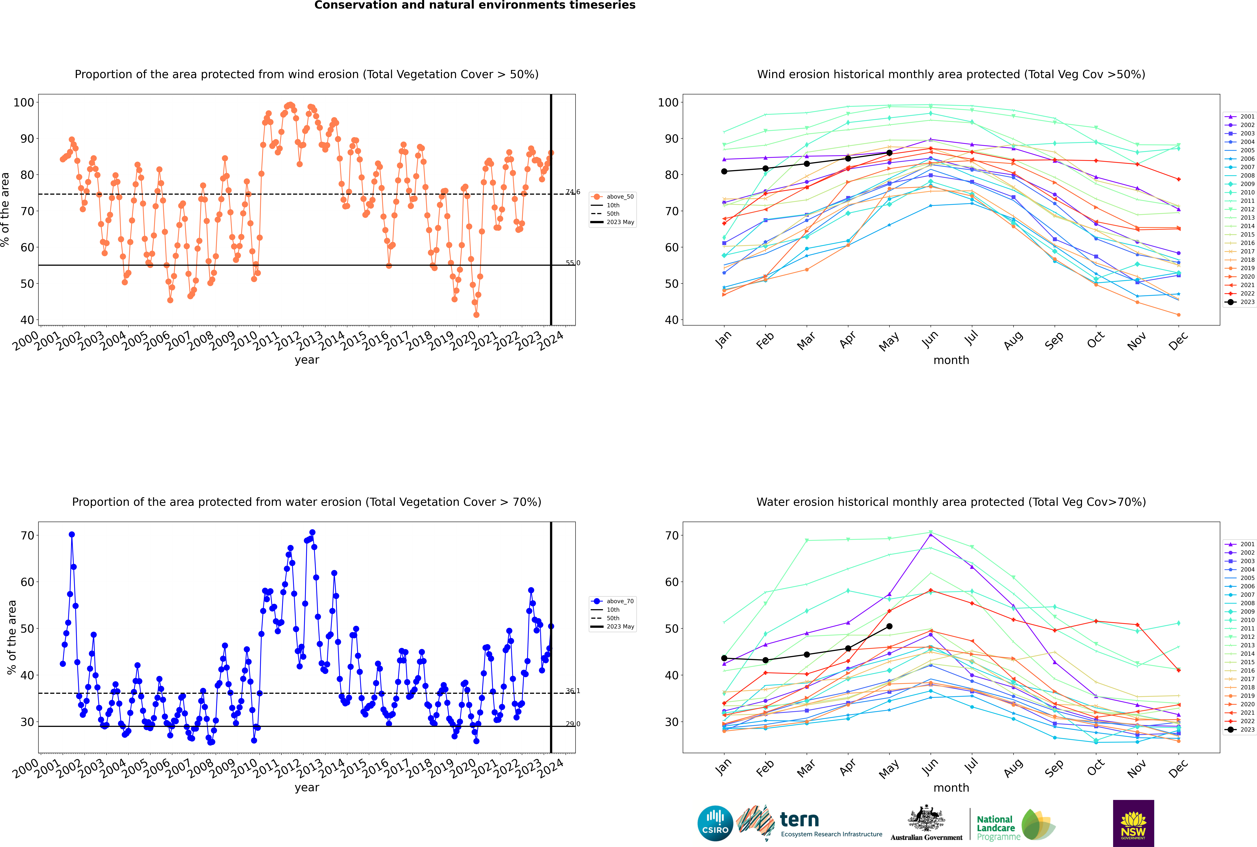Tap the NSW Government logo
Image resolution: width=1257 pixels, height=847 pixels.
(1133, 823)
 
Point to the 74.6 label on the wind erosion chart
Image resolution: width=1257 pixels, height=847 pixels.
(573, 192)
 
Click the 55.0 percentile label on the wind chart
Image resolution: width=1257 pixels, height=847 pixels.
(573, 263)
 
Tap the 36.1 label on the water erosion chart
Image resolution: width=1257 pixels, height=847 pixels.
(573, 691)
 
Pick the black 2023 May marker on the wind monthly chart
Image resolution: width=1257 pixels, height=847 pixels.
(890, 153)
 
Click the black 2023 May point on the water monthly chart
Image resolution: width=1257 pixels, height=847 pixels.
(890, 627)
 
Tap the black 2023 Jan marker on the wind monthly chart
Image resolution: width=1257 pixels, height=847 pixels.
(724, 171)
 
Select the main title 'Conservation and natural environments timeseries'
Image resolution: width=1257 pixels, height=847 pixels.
(475, 5)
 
